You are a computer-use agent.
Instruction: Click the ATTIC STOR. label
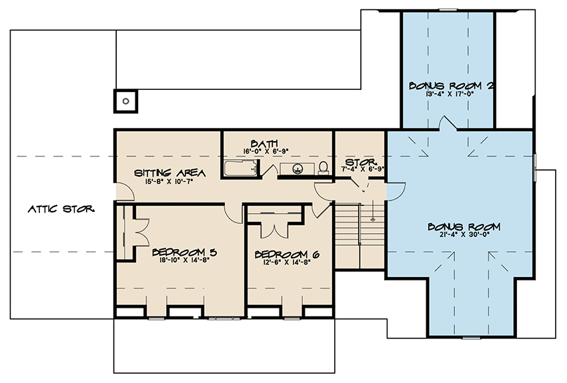(61, 208)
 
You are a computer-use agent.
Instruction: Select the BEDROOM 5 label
(184, 252)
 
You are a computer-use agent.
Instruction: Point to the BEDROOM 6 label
(283, 254)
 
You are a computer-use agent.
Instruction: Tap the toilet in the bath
(324, 167)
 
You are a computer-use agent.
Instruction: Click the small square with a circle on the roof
(125, 101)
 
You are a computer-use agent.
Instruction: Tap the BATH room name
(260, 143)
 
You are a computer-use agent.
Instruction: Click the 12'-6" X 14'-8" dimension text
(283, 263)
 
